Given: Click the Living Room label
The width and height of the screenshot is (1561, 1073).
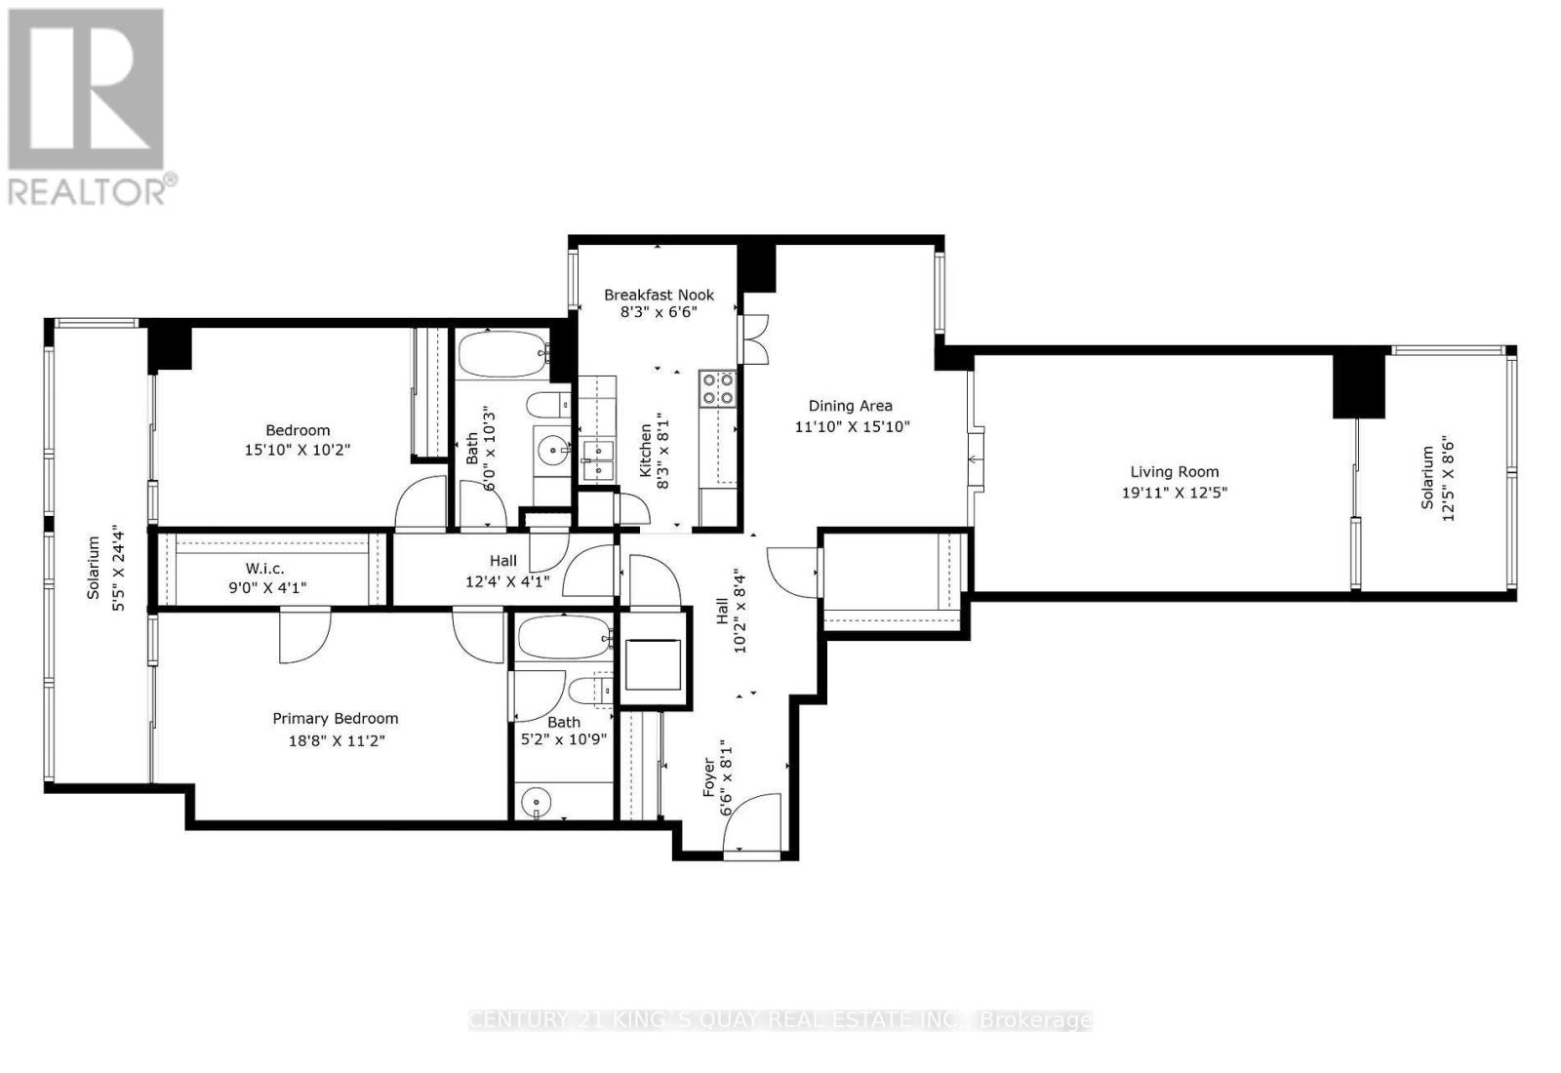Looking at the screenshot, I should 1174,471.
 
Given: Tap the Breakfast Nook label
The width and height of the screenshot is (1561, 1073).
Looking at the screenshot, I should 659,295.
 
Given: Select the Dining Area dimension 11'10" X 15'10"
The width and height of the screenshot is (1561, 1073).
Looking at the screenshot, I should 852,426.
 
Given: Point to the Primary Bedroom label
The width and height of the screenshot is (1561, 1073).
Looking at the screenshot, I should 335,718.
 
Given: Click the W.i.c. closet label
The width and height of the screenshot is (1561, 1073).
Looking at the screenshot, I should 264,568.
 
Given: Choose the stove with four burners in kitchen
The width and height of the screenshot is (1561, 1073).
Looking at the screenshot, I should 717,388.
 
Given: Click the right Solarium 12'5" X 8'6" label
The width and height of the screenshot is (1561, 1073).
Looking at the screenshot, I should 1437,478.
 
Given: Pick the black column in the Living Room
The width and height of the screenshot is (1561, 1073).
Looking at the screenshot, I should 1359,383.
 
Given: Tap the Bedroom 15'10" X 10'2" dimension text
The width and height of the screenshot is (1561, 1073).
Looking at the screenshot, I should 298,450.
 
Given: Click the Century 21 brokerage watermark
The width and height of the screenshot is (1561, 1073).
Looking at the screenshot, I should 780,1020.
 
